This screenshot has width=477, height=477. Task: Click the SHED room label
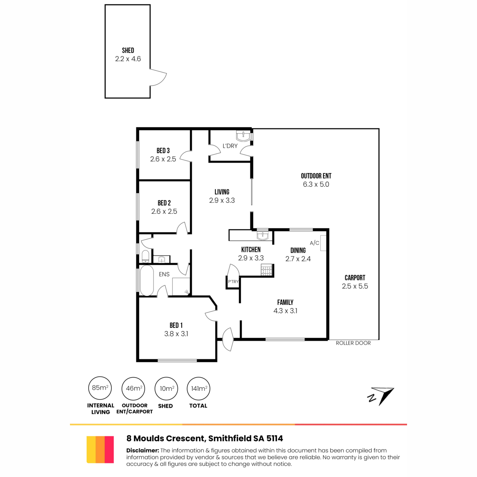coord(128,50)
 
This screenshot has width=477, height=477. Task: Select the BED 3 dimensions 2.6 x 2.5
coord(163,159)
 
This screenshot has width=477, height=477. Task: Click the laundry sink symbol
coord(243,136)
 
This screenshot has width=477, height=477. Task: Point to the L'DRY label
coord(230,146)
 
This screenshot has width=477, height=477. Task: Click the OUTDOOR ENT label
coord(316,176)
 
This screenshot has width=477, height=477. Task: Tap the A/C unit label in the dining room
coord(314,243)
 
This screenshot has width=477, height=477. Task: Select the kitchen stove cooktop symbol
coord(267,270)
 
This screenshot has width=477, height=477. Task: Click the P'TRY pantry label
coord(233,281)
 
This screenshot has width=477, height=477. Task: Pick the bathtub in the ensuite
coord(147,281)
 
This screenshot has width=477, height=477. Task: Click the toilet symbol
coord(145,256)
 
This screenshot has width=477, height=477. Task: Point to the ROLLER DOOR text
coord(353,343)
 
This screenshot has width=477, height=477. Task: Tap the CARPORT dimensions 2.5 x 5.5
coord(355,286)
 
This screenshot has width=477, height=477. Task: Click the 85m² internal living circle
coord(100,388)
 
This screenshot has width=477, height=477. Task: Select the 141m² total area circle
coord(198,388)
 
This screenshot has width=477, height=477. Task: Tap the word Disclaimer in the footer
coord(143,450)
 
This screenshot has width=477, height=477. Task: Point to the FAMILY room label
coord(285,302)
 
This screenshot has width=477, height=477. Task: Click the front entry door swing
coord(228,339)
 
